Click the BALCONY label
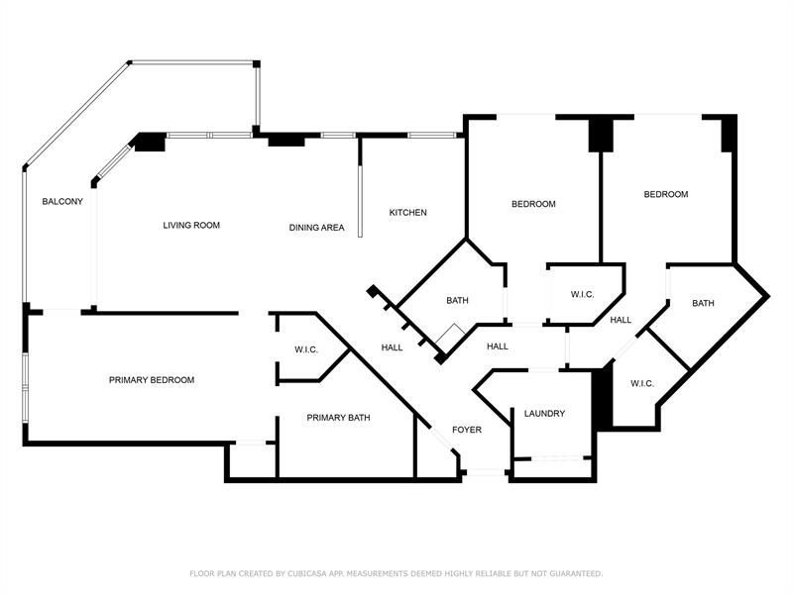pyautogui.click(x=61, y=202)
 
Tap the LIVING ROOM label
pyautogui.click(x=191, y=226)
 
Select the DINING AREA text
pyautogui.click(x=316, y=228)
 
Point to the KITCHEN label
pyautogui.click(x=407, y=213)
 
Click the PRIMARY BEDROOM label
pyautogui.click(x=152, y=380)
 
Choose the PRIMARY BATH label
pyautogui.click(x=338, y=418)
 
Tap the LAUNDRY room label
pyautogui.click(x=545, y=414)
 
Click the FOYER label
pyautogui.click(x=467, y=430)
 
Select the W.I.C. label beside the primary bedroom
pyautogui.click(x=305, y=349)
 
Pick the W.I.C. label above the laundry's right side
pyautogui.click(x=641, y=383)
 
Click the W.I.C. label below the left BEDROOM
pyautogui.click(x=582, y=295)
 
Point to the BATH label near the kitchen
pyautogui.click(x=457, y=301)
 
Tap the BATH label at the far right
pyautogui.click(x=703, y=303)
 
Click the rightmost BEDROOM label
pyautogui.click(x=665, y=195)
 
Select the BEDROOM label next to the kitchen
pyautogui.click(x=533, y=205)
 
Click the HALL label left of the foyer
pyautogui.click(x=393, y=347)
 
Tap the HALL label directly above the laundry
pyautogui.click(x=498, y=346)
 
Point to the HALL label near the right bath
pyautogui.click(x=622, y=320)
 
